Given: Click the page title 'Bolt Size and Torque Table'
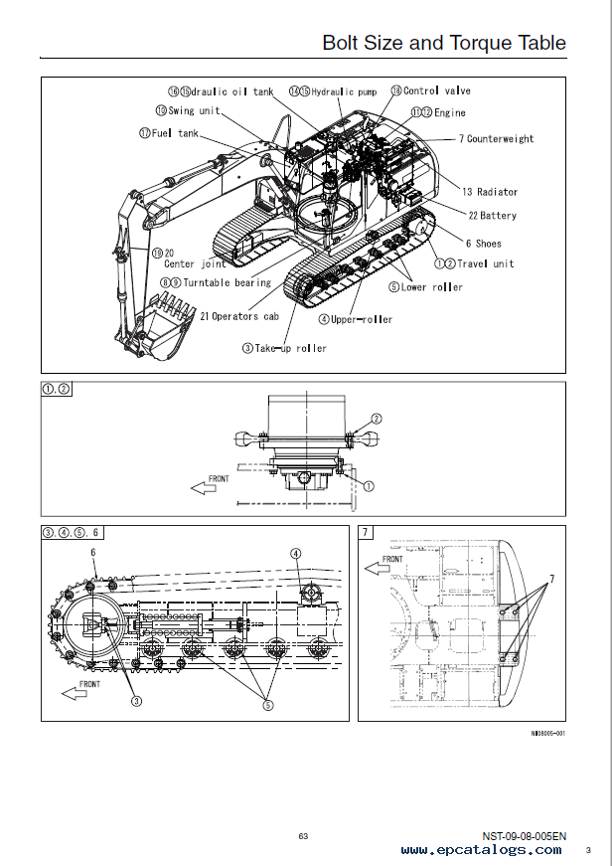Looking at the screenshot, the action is coord(444,43).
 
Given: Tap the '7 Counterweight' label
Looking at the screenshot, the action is coord(496,138).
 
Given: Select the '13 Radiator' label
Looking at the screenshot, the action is coord(490,192).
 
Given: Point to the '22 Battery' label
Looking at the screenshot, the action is coord(492,216).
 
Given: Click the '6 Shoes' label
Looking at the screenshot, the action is coord(484,243).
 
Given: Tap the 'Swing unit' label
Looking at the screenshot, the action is coord(195,110).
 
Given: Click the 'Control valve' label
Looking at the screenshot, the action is coord(437,90).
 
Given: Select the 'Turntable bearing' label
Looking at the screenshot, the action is coord(227,282).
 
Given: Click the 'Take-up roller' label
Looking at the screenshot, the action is coord(290,348).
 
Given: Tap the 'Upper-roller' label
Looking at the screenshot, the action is coord(362,319).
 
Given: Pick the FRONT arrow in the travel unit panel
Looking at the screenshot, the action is coord(204,487).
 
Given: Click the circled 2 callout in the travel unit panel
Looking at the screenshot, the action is coord(377,420).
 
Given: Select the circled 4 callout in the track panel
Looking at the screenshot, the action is coord(296,554).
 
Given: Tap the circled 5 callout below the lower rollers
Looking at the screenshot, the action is coord(267,705).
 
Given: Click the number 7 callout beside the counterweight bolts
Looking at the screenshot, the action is coord(551,580).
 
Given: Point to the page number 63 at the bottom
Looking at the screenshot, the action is coord(304,836).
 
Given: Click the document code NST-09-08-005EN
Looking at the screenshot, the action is coord(525,836).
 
